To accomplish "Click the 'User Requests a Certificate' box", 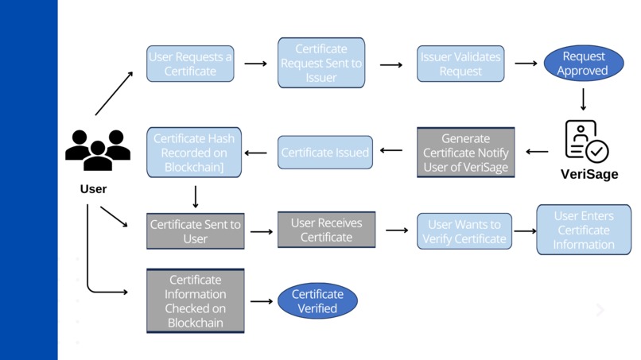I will tap(190, 64).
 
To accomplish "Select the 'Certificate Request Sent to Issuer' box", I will tap(321, 63).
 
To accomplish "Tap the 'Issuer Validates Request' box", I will tap(460, 64).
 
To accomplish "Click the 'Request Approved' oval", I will tap(584, 64).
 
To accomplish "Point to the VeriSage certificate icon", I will tap(586, 141).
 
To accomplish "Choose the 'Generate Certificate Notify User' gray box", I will tap(466, 152).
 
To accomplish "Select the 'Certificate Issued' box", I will tap(324, 152).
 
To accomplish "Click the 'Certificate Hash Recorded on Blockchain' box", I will tap(194, 151).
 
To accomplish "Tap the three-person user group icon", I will tap(97, 149).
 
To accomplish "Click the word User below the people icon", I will tap(93, 189).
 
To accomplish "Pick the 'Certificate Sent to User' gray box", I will tap(195, 231).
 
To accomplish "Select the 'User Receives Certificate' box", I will tap(326, 230).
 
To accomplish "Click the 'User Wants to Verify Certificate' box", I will tap(464, 231).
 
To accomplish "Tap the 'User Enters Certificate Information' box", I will tap(583, 230).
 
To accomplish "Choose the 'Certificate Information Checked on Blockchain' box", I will tap(195, 301).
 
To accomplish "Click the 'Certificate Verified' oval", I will tap(317, 301).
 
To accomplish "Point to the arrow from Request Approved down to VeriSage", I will tap(584, 99).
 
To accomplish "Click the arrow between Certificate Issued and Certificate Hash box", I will tap(255, 152).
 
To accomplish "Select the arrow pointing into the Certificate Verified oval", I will tap(261, 301).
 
